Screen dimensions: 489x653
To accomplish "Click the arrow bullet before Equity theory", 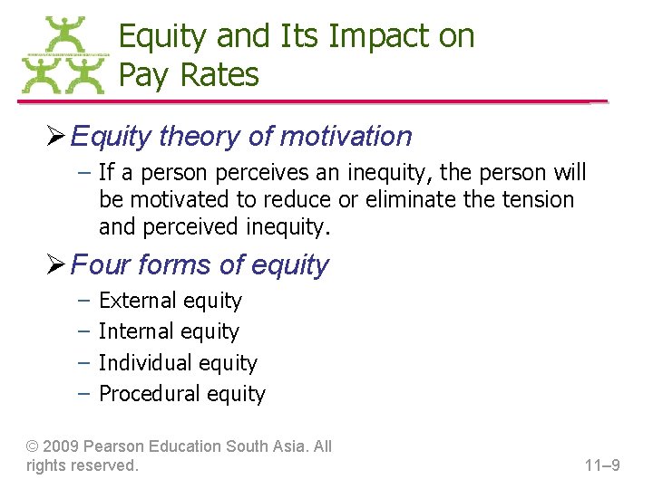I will pos(55,137).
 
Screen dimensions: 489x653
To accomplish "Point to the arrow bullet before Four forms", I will pos(55,265).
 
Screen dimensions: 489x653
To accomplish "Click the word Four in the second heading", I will pos(95,265).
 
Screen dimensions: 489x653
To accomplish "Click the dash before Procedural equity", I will pos(84,394).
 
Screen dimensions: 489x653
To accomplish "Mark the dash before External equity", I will pos(84,301).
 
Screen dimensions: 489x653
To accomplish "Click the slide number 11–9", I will pos(602,466).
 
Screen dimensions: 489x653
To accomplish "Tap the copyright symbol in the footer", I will pos(33,446).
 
